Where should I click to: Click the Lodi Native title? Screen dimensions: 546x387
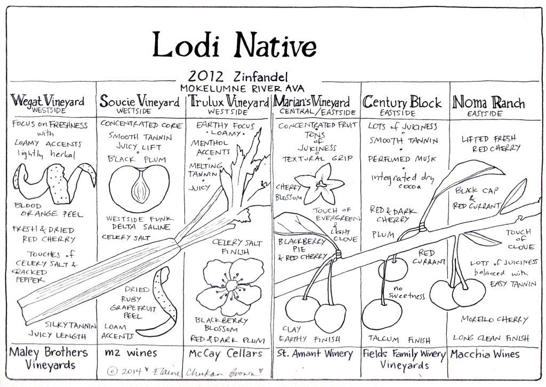(x=234, y=45)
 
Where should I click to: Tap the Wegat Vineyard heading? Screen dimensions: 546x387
(x=47, y=101)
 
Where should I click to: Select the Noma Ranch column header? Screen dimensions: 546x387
(x=488, y=103)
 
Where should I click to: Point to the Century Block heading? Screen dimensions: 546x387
(x=402, y=102)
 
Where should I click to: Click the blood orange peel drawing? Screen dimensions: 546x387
(x=54, y=184)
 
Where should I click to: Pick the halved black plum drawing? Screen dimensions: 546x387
(x=139, y=188)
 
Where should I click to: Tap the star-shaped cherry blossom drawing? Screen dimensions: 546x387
(x=320, y=184)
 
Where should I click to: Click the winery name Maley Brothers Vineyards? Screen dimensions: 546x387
(x=49, y=358)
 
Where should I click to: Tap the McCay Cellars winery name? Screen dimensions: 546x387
(x=226, y=354)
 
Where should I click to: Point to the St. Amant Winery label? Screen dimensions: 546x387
(x=315, y=354)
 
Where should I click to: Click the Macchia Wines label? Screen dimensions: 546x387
(x=485, y=354)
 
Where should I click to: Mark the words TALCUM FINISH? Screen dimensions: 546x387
(x=399, y=339)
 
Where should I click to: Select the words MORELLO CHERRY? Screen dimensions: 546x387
(x=494, y=319)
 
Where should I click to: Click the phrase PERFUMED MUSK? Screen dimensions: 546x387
(x=402, y=159)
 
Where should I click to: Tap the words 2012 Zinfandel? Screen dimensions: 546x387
(x=238, y=76)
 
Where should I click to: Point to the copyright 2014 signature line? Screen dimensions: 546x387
(x=184, y=372)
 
